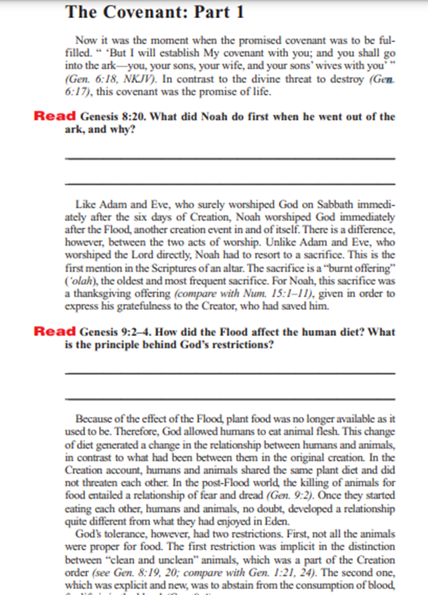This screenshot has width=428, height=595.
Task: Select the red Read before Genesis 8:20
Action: (55, 116)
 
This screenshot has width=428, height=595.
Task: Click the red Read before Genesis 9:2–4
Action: (55, 332)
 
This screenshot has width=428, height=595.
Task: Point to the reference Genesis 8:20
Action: (111, 117)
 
